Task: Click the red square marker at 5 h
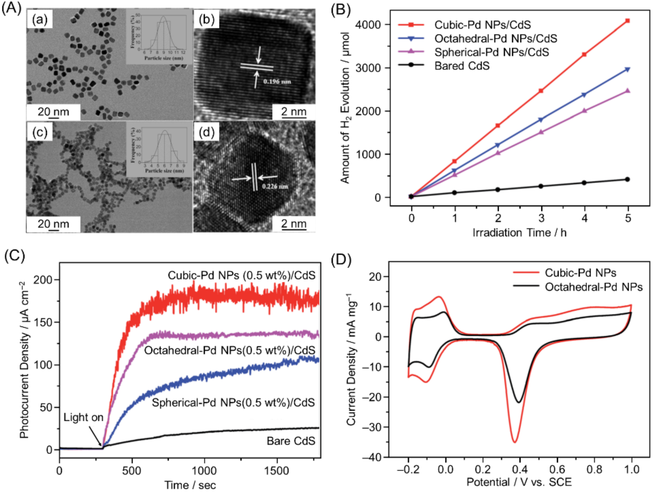[x=628, y=21]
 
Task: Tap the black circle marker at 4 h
[x=584, y=183]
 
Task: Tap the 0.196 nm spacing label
[x=277, y=82]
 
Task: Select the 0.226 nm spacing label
[x=275, y=186]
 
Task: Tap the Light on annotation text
[x=83, y=417]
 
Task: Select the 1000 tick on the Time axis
[x=204, y=470]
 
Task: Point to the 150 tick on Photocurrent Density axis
[x=43, y=322]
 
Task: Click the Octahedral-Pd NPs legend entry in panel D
[x=593, y=287]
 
